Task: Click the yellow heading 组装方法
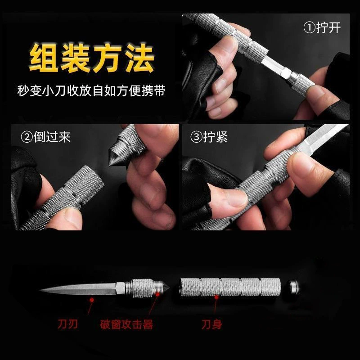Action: pyautogui.click(x=91, y=58)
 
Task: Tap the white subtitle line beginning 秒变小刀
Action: pyautogui.click(x=91, y=90)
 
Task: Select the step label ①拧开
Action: pyautogui.click(x=322, y=27)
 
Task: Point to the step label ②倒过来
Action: pyautogui.click(x=45, y=137)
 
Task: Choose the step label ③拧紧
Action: pyautogui.click(x=209, y=137)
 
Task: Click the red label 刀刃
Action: pyautogui.click(x=67, y=324)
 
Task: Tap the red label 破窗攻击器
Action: pyautogui.click(x=126, y=324)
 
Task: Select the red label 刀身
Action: pyautogui.click(x=211, y=324)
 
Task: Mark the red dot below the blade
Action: pyautogui.click(x=92, y=300)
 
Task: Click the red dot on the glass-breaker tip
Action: pyautogui.click(x=157, y=294)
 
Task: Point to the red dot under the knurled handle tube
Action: pyautogui.click(x=216, y=297)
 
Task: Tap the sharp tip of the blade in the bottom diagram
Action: pyautogui.click(x=40, y=290)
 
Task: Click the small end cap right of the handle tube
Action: pyautogui.click(x=294, y=287)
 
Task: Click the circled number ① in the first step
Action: pyautogui.click(x=309, y=27)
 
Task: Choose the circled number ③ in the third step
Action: pyautogui.click(x=196, y=137)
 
